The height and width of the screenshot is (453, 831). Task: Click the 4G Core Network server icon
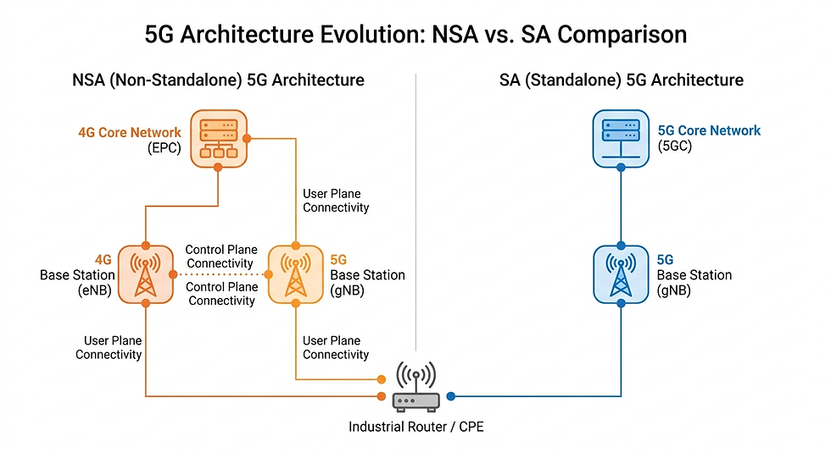[219, 139]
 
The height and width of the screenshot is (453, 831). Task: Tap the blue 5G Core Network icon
[621, 139]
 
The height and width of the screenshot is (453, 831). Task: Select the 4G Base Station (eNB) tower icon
[145, 274]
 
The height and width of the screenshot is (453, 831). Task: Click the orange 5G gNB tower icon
[296, 274]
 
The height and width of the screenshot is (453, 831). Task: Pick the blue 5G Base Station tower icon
[621, 274]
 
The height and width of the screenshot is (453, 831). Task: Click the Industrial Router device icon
[416, 387]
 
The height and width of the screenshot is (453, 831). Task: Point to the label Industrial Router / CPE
[416, 427]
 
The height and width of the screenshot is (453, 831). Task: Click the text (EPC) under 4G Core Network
[165, 147]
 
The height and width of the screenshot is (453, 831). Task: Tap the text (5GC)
[675, 146]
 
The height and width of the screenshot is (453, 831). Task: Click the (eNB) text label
[94, 290]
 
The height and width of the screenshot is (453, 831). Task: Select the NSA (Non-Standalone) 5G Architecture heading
[219, 80]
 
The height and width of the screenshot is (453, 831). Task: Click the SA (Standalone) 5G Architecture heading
[621, 80]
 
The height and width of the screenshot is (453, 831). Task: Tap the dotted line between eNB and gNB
[220, 274]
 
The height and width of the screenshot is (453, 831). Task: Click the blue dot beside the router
[450, 396]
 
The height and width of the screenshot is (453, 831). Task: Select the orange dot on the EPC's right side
[247, 139]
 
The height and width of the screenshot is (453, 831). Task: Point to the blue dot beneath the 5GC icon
[621, 168]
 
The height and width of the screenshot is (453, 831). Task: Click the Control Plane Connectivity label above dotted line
[221, 256]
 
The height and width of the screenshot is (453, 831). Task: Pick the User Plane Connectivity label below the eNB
[109, 347]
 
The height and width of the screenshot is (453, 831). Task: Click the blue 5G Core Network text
[709, 130]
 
